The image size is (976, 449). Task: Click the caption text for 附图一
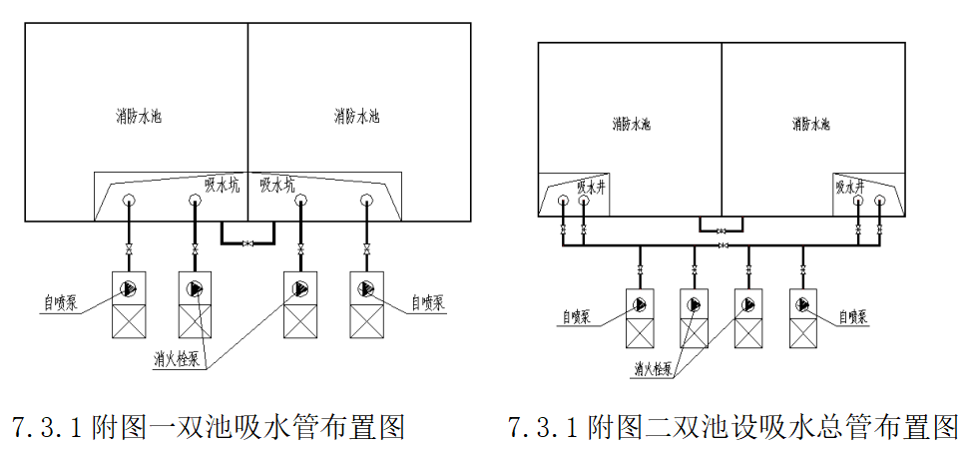click(x=208, y=427)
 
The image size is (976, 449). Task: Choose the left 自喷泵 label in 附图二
click(x=576, y=316)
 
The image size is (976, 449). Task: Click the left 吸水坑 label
click(x=223, y=184)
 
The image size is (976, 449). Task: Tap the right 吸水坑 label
click(x=276, y=184)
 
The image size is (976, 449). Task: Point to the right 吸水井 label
click(x=849, y=186)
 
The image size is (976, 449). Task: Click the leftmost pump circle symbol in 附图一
click(x=129, y=289)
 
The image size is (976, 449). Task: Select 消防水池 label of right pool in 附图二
click(x=811, y=125)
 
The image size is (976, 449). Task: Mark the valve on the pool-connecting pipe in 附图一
click(x=246, y=242)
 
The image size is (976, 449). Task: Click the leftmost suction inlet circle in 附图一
click(x=130, y=200)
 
